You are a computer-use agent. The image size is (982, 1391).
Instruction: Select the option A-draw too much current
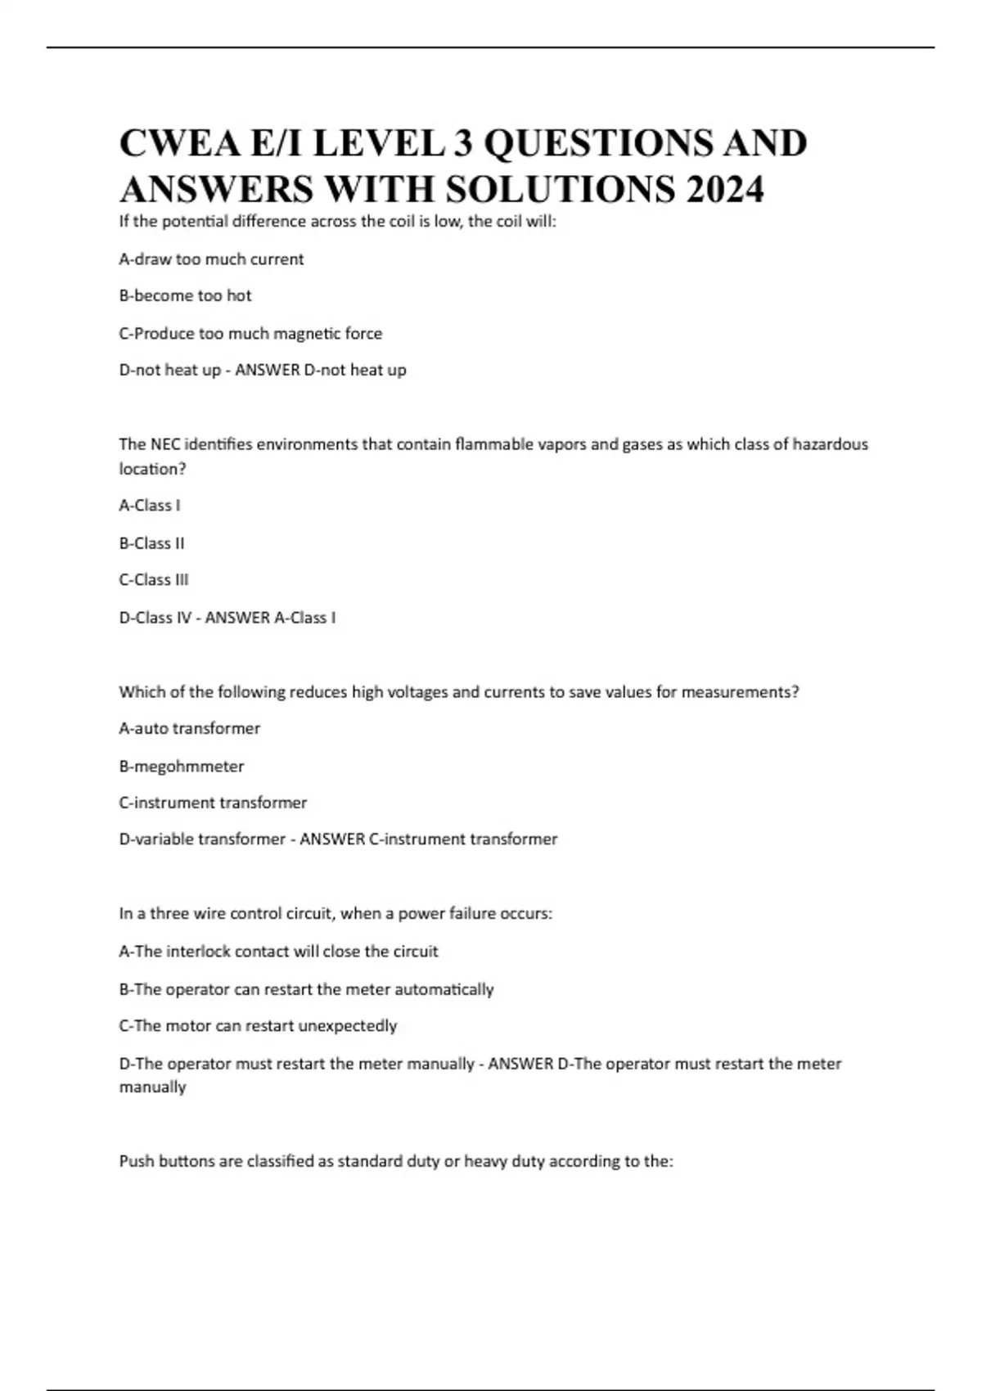pyautogui.click(x=211, y=259)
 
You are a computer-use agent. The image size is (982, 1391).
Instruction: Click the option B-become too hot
pyautogui.click(x=185, y=296)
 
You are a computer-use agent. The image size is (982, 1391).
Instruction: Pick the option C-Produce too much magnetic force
pyautogui.click(x=250, y=334)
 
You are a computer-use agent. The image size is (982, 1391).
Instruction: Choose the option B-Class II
pyautogui.click(x=151, y=543)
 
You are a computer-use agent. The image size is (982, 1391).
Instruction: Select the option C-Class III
pyautogui.click(x=154, y=580)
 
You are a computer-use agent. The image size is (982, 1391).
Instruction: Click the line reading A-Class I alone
pyautogui.click(x=149, y=506)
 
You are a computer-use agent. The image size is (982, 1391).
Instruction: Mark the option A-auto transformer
pyautogui.click(x=189, y=728)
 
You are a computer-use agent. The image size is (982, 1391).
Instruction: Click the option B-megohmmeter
pyautogui.click(x=181, y=767)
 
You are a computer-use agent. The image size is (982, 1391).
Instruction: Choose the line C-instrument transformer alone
pyautogui.click(x=213, y=803)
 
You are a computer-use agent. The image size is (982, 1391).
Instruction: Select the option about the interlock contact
pyautogui.click(x=278, y=952)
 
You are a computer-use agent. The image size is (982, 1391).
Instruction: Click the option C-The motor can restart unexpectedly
pyautogui.click(x=258, y=1026)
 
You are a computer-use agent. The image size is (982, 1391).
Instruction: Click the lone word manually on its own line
pyautogui.click(x=152, y=1087)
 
